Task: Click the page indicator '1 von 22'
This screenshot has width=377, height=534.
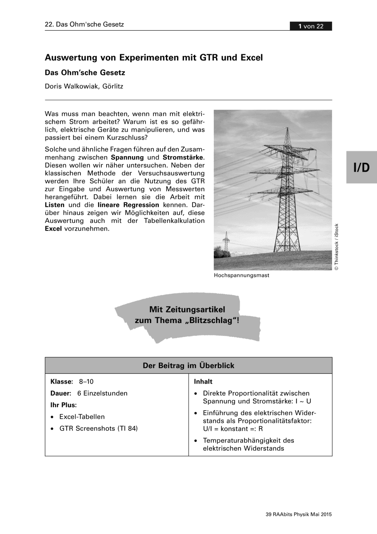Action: (311, 26)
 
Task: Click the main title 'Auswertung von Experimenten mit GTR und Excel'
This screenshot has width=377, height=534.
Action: (154, 57)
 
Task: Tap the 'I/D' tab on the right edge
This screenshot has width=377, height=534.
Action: (361, 167)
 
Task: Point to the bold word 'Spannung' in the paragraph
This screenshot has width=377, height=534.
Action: (127, 158)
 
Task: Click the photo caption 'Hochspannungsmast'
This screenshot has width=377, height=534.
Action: (241, 275)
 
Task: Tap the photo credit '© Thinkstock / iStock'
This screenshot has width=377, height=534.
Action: (337, 247)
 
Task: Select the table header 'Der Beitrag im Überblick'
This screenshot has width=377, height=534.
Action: (188, 366)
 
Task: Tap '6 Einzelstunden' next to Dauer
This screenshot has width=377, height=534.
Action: (102, 393)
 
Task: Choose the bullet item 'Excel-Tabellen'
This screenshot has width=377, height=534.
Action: (82, 417)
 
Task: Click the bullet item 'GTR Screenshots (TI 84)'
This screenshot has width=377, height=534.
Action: (99, 429)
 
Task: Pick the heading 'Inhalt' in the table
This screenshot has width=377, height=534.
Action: (203, 382)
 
